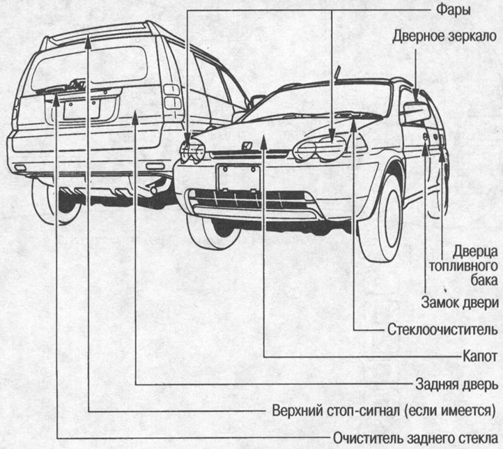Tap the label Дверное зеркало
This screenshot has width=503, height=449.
point(443,36)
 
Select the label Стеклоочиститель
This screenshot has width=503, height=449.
point(440,328)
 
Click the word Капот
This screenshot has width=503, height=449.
point(479,356)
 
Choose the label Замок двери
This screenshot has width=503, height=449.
point(460,303)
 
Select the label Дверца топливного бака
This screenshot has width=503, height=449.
point(472,265)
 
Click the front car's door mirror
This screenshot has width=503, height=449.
point(415,112)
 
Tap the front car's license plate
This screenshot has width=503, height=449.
point(238,179)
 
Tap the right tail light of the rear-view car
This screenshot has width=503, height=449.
point(171,96)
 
